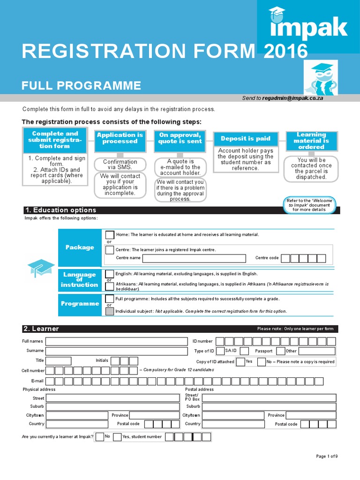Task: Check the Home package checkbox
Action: point(109,234)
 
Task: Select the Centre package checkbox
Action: point(109,250)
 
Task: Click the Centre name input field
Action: point(194,258)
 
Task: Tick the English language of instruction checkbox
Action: point(109,274)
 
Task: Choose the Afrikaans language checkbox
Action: point(109,285)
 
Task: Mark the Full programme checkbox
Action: point(109,299)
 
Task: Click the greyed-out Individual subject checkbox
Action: point(109,311)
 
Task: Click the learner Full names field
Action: point(116,341)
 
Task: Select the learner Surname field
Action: point(116,351)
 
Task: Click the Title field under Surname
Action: point(59,361)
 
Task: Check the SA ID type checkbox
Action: point(220,351)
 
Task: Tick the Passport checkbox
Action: point(280,351)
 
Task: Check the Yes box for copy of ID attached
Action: point(240,362)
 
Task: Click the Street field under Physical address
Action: point(112,398)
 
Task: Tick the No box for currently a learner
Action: point(99,437)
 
